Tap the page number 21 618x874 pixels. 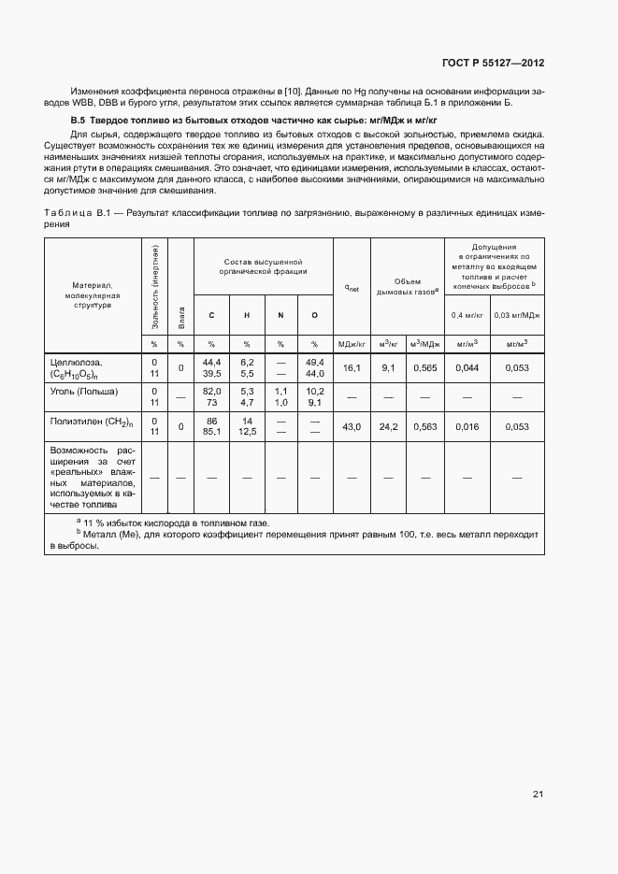539,795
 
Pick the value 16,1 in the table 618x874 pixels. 352,368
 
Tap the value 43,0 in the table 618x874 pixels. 352,427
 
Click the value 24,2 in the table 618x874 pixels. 389,427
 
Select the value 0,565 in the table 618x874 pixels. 425,368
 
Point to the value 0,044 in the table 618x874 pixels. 467,368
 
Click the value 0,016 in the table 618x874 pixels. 467,427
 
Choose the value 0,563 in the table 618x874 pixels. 425,427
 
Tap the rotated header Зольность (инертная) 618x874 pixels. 154,286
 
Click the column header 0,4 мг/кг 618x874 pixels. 467,315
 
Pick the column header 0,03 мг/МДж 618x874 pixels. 517,315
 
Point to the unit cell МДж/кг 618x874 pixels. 352,344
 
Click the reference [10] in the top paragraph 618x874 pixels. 292,90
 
